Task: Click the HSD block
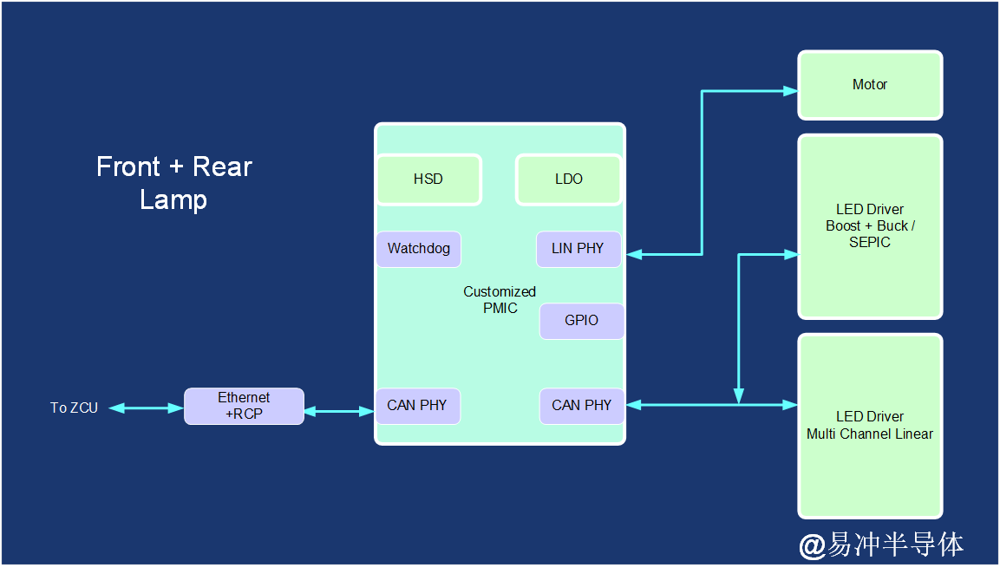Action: pos(428,179)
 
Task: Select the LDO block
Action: pos(569,179)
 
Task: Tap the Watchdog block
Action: pos(419,249)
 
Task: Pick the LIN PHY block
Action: pos(578,249)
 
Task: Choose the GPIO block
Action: pos(582,321)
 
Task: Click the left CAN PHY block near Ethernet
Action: pos(417,406)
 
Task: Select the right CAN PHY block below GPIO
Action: pos(582,406)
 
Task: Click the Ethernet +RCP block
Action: pos(244,406)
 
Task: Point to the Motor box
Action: pos(870,85)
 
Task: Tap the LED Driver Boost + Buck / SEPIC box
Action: pos(870,226)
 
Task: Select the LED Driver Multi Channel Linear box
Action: pos(870,426)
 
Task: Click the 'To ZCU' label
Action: pos(74,408)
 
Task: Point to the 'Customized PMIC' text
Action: pos(500,300)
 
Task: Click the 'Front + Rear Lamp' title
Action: pos(174,183)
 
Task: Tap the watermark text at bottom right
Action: pos(881,545)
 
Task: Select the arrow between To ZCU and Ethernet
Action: pos(146,408)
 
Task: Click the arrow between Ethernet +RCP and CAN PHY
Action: pos(339,412)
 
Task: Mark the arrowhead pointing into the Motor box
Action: pos(790,90)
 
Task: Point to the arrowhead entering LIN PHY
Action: pos(633,254)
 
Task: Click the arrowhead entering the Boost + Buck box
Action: pos(790,254)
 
